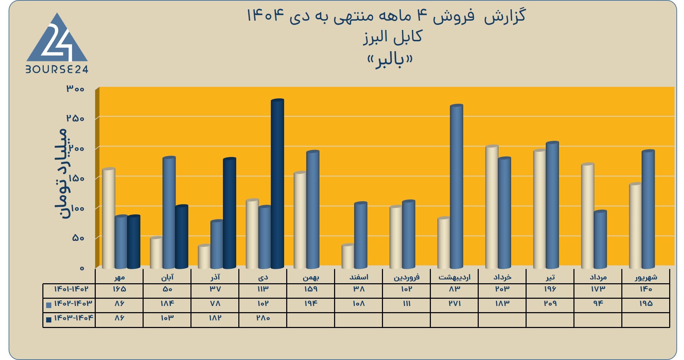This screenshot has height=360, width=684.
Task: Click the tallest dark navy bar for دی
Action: pos(277,184)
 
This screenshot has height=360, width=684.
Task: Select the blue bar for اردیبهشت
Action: pos(456,187)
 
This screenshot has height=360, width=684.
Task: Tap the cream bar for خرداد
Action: pos(492,207)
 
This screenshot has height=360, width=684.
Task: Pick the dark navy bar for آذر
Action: pos(229,213)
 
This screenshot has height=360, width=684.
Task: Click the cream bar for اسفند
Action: pos(348,256)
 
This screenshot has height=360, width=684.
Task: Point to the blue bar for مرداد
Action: pos(600,240)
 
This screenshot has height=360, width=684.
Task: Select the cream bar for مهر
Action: pos(108,218)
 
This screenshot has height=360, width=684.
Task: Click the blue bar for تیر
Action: pos(552,205)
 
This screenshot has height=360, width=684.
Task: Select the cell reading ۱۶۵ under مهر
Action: pos(119,289)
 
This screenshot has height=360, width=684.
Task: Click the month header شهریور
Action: pos(646,277)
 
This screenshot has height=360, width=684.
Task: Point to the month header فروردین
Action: pos(406,277)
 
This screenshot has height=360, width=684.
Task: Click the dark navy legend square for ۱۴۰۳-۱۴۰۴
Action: pos(49,319)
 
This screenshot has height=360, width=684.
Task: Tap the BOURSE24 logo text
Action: pos(57,70)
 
